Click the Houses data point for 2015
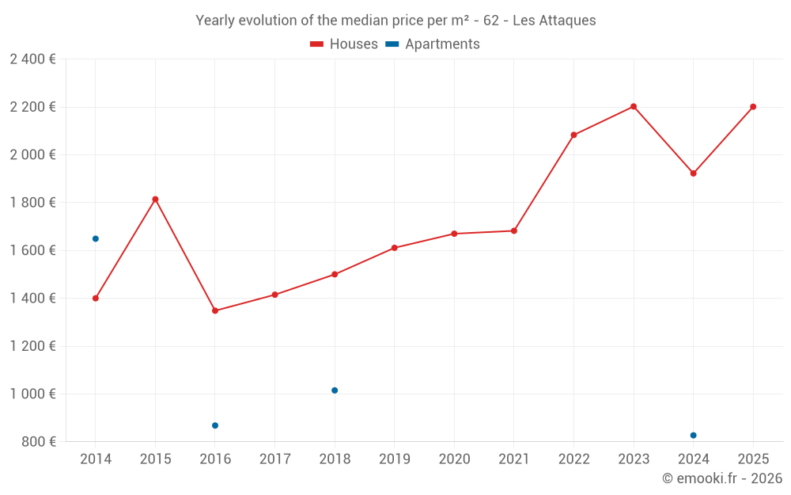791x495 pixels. click(x=155, y=199)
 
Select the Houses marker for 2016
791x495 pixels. click(x=215, y=310)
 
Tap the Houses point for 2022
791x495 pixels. click(x=573, y=135)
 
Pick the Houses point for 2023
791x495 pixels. click(x=634, y=106)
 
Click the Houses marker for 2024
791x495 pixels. click(x=694, y=173)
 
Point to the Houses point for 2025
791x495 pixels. click(x=753, y=107)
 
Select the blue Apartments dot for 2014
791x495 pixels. click(x=96, y=238)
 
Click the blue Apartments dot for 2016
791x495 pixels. click(x=215, y=425)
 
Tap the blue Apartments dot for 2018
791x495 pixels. click(x=335, y=390)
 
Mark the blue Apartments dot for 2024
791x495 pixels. click(x=694, y=435)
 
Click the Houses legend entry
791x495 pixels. click(x=344, y=44)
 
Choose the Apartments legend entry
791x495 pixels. click(x=433, y=44)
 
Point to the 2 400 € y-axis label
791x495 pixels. click(x=32, y=59)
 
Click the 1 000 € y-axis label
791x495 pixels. click(x=32, y=394)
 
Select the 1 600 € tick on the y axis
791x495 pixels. click(x=32, y=250)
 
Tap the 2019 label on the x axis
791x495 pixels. click(x=394, y=459)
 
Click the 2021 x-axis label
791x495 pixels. click(x=514, y=459)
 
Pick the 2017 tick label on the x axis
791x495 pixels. click(x=274, y=459)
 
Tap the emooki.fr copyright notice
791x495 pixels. click(x=721, y=478)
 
